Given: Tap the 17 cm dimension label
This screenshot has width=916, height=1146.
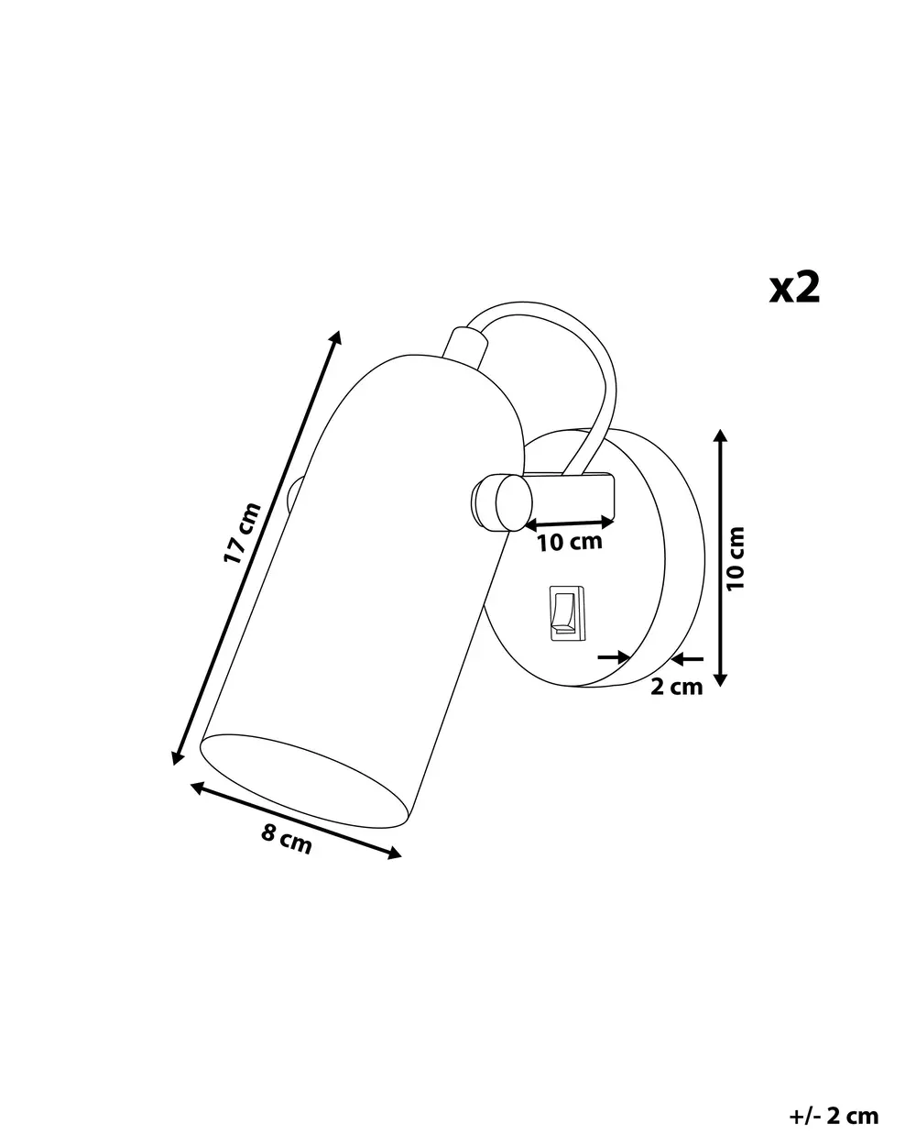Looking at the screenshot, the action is click(x=242, y=533).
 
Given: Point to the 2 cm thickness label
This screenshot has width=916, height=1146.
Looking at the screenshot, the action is click(x=677, y=687).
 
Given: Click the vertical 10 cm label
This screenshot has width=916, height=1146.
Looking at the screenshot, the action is click(x=736, y=558).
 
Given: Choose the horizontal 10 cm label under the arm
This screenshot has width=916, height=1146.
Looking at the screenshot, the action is click(x=570, y=543).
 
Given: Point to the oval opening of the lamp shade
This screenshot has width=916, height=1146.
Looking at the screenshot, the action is click(x=304, y=781).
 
